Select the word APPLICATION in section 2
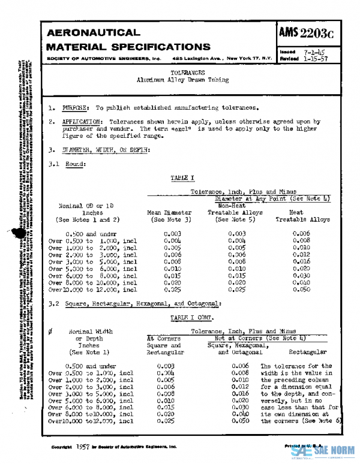point(83,121)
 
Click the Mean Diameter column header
point(170,212)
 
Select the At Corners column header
point(164,338)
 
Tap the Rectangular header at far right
point(308,352)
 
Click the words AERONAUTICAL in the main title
point(93,32)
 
